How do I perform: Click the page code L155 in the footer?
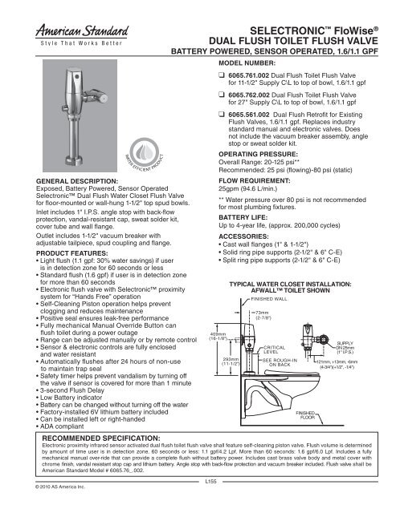[208, 482]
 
